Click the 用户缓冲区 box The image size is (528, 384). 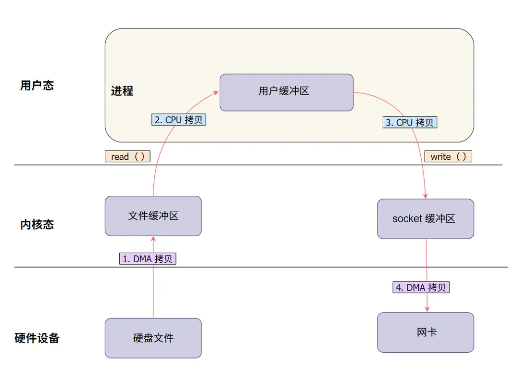point(287,92)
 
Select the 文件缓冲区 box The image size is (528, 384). point(153,216)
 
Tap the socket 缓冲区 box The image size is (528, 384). point(426,218)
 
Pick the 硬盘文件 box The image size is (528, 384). point(153,338)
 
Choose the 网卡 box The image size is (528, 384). point(426,333)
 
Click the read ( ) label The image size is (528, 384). point(127,156)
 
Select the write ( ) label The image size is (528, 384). point(448,156)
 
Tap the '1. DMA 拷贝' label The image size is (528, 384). point(148,259)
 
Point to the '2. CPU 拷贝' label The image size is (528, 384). point(179,119)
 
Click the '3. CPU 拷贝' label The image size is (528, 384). point(410,122)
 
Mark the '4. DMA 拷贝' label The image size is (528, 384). point(421,287)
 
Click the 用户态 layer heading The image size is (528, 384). point(37,85)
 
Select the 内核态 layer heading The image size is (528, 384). point(37,224)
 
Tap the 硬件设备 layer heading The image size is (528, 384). point(37,338)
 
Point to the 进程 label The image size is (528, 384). point(122,91)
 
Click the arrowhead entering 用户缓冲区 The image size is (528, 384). point(216,93)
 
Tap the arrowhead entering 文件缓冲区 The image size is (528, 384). point(153,239)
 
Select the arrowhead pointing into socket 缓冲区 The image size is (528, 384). point(425,196)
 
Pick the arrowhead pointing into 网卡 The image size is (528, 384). point(427,309)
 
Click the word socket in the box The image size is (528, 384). point(407,218)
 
